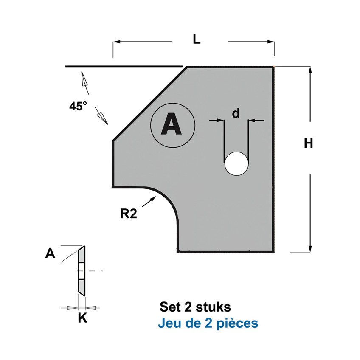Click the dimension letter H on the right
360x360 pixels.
308,144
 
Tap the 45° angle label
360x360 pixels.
78,106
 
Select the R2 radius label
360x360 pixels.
129,214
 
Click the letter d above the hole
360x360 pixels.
236,113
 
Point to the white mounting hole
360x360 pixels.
236,164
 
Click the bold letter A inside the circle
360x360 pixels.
171,124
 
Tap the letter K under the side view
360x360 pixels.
83,318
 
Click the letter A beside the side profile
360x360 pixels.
50,253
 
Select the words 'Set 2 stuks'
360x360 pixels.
195,307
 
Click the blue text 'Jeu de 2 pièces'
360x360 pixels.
208,323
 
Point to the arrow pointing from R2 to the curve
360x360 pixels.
149,202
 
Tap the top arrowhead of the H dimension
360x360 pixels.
310,70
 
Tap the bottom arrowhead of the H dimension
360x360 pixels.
310,249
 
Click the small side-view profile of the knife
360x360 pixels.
82,270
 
